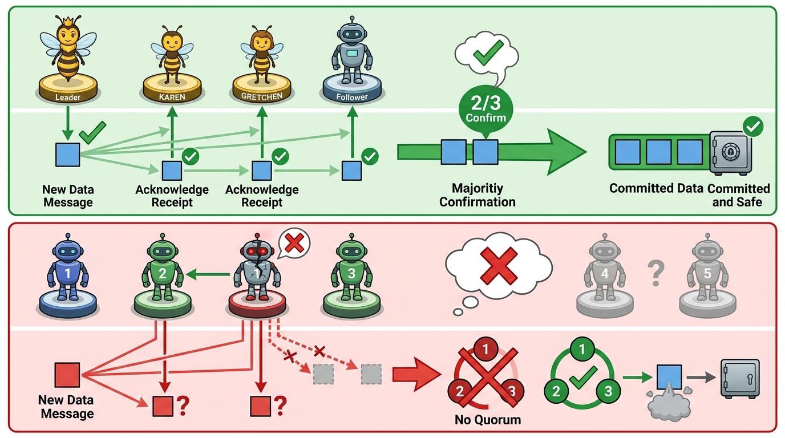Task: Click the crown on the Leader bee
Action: coord(68,22)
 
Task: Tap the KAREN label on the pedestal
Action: coord(172,97)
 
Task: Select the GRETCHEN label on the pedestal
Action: coord(261,96)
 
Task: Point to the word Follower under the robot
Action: coord(351,97)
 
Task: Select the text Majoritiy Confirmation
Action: coord(478,194)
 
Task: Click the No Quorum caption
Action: coord(488,420)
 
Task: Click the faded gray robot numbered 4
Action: coord(605,269)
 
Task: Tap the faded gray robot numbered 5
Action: coord(707,269)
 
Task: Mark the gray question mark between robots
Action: coord(656,273)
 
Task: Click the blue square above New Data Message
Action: coord(67,155)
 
